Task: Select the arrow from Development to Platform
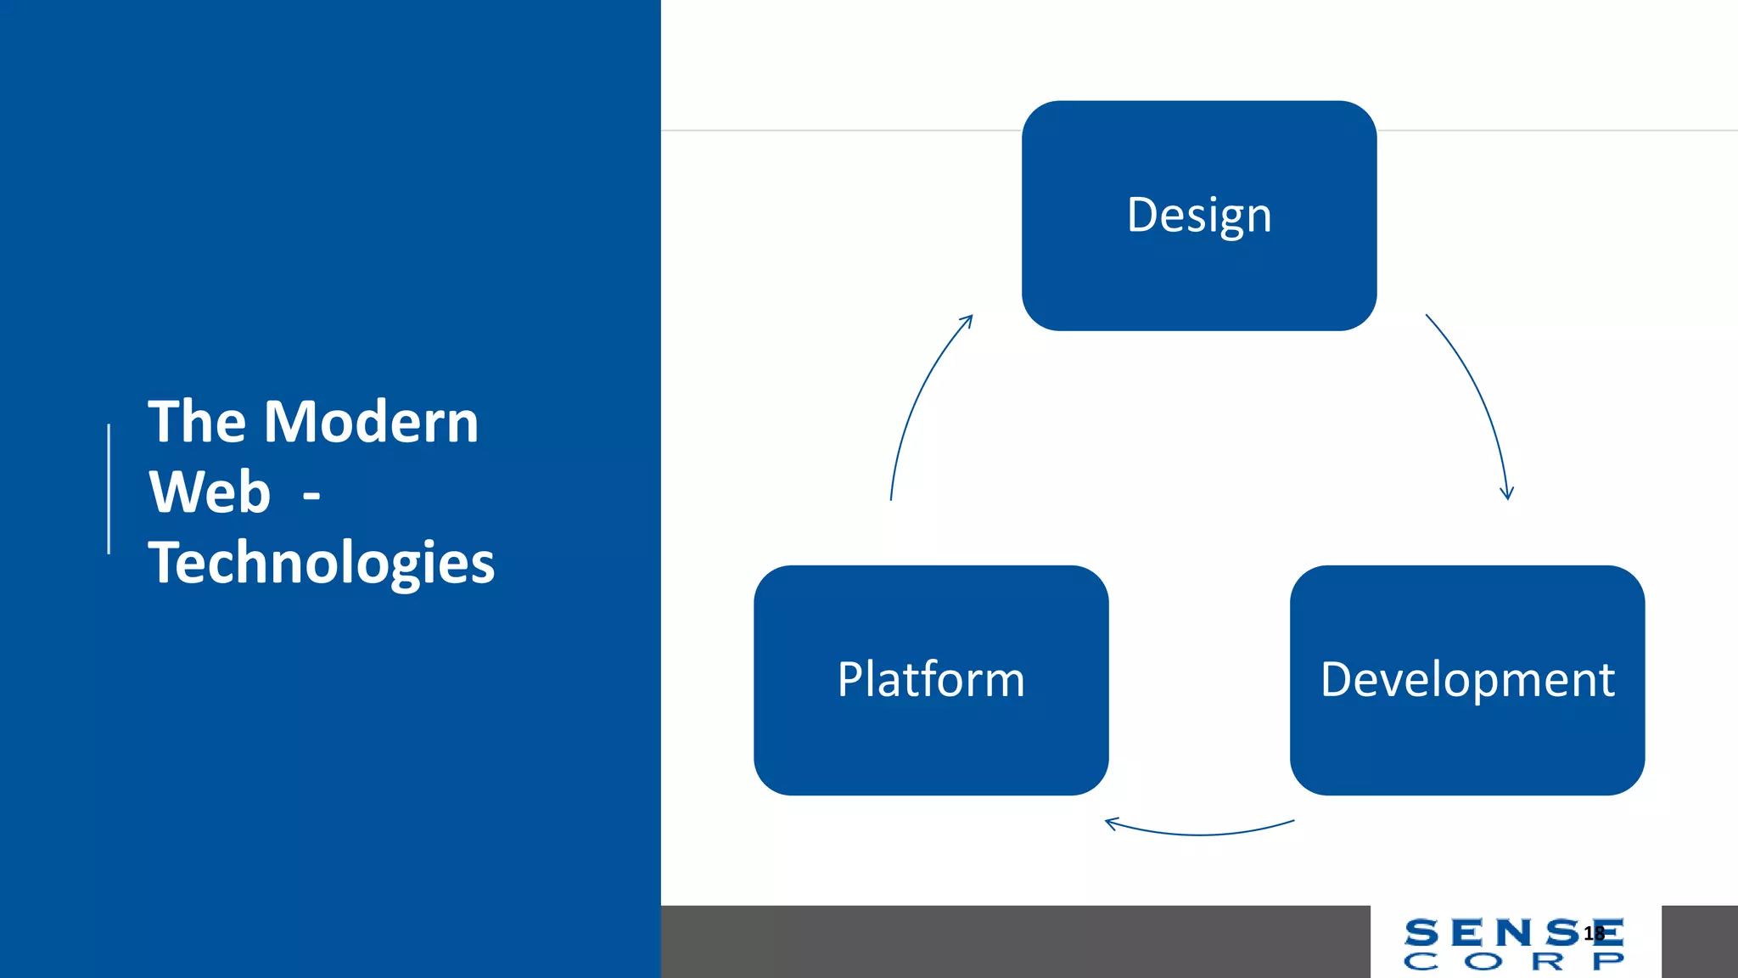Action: tap(1199, 834)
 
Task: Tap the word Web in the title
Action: tap(209, 492)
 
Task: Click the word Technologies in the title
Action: tap(321, 563)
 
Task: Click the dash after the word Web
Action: tap(311, 495)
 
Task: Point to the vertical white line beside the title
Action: tap(109, 489)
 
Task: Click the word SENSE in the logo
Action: tap(1494, 933)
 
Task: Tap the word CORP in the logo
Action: tap(1514, 961)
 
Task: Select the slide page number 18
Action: tap(1594, 933)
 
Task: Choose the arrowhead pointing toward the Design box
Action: tap(967, 320)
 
